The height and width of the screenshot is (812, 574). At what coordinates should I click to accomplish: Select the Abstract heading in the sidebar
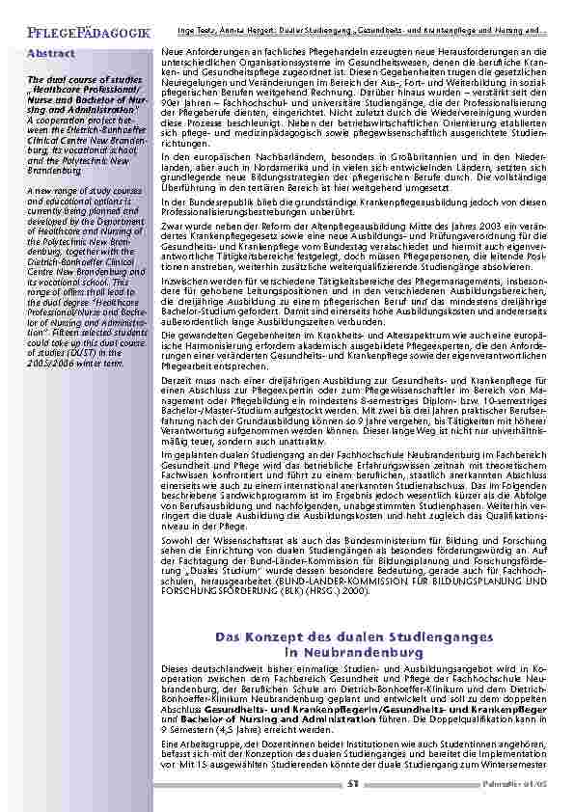click(51, 53)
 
